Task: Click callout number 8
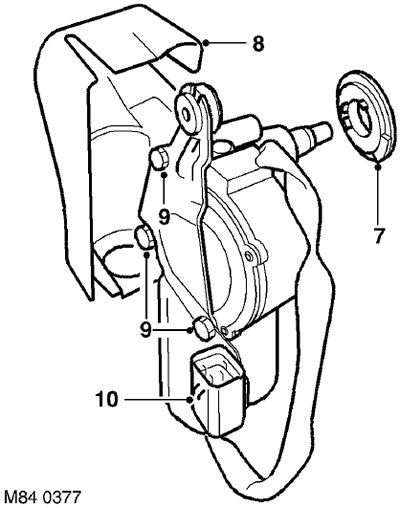click(x=258, y=43)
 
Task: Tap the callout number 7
click(x=378, y=236)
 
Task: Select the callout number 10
click(x=107, y=399)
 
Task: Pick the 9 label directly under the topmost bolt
click(x=164, y=218)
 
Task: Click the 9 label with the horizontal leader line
click(x=146, y=330)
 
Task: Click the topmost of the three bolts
click(x=160, y=159)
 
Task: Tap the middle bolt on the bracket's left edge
click(x=145, y=237)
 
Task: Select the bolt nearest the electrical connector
click(x=203, y=329)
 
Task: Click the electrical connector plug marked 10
click(x=217, y=390)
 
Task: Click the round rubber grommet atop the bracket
click(x=198, y=108)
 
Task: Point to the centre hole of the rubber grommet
click(x=187, y=113)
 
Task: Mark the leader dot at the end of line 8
click(x=206, y=43)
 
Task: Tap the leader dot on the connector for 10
click(x=191, y=399)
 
